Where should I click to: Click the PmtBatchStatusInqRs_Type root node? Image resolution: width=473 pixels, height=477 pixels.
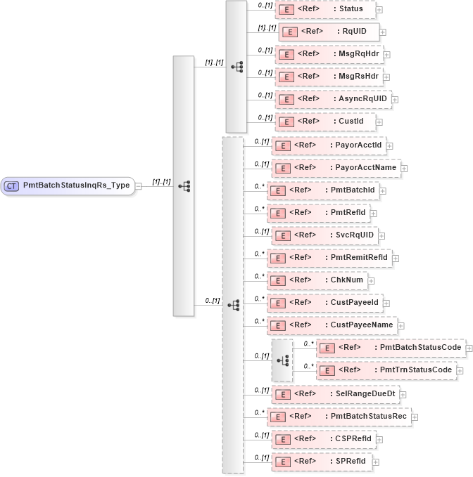68,185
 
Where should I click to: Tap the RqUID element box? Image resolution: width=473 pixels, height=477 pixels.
329,32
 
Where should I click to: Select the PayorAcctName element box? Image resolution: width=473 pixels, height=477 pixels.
336,168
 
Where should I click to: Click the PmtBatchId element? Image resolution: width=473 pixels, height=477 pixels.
327,190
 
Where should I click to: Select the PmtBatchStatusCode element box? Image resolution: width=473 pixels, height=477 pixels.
391,348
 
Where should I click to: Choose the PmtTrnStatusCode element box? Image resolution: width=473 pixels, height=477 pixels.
391,370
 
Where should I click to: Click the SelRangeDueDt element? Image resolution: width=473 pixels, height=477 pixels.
335,394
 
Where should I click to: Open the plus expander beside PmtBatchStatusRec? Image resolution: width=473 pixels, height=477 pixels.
416,417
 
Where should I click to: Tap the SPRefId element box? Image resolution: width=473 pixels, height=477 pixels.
323,462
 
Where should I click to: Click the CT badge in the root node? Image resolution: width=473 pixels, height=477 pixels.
12,185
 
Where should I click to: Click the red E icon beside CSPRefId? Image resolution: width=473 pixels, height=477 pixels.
282,439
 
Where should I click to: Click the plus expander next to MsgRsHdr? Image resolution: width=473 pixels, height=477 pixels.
386,77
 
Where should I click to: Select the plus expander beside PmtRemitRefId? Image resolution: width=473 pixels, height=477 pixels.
396,258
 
